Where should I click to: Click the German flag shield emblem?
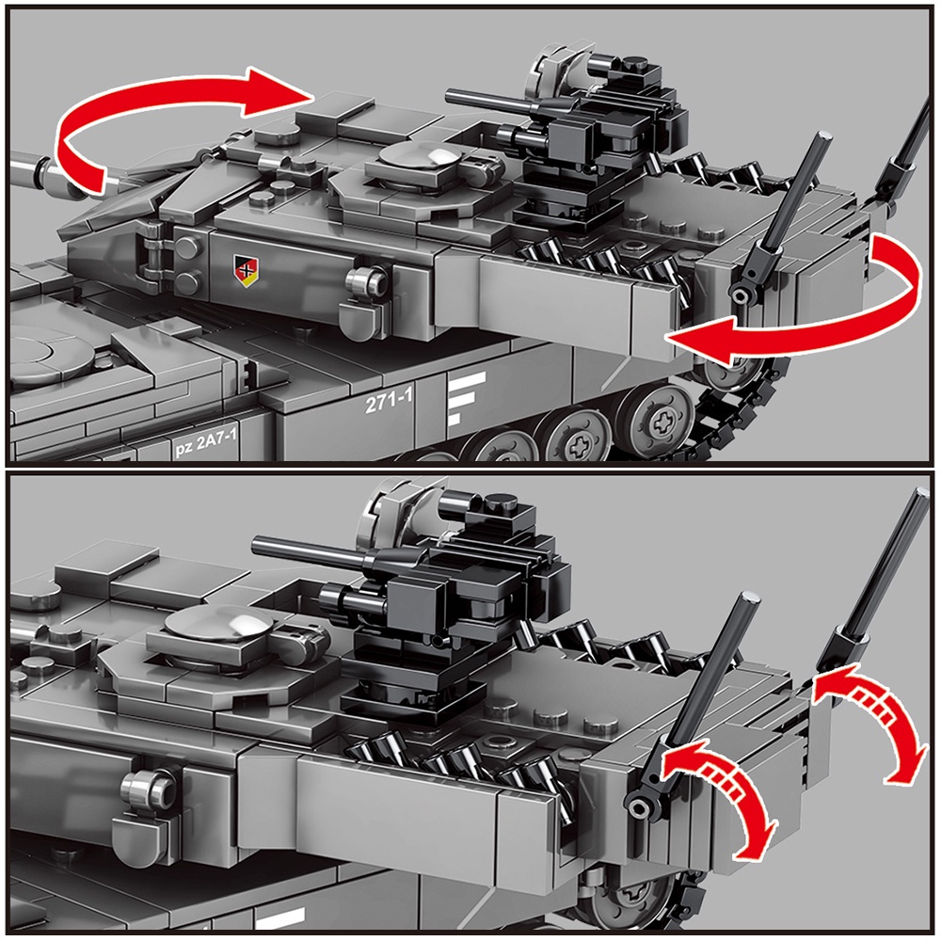tap(246, 270)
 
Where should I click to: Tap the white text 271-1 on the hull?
tap(389, 401)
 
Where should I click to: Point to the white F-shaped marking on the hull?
tap(466, 398)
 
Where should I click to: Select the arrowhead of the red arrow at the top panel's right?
tap(702, 341)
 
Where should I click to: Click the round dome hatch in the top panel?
tap(418, 157)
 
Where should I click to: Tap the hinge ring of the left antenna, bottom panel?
tap(639, 806)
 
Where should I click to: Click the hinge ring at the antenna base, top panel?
tap(742, 295)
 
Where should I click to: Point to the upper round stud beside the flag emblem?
tap(188, 246)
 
